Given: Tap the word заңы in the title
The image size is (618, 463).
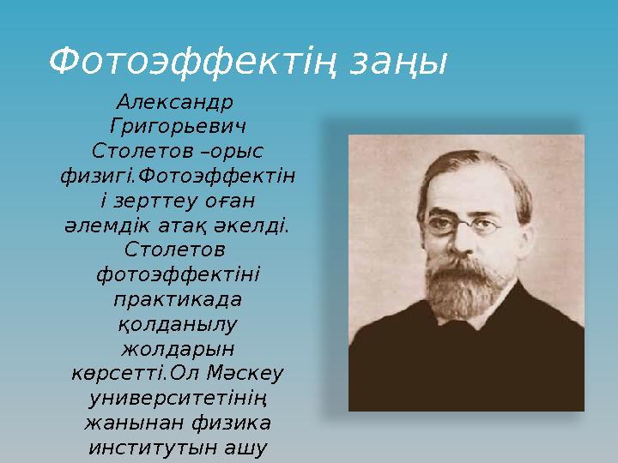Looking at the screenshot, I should point(399,63).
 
